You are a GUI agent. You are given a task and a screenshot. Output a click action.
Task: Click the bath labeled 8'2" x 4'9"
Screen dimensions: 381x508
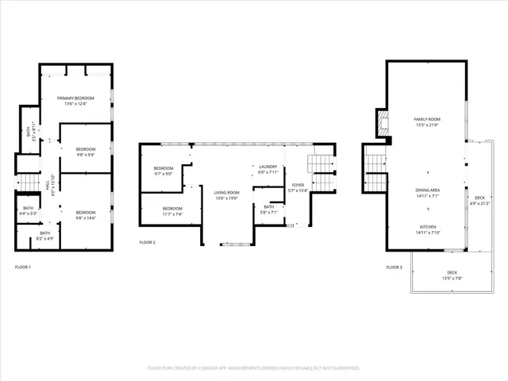pyautogui.click(x=45, y=238)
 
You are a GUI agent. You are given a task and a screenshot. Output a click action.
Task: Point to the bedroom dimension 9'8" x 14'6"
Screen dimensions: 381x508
pyautogui.click(x=86, y=217)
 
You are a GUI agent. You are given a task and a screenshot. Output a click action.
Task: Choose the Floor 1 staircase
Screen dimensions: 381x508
pyautogui.click(x=28, y=183)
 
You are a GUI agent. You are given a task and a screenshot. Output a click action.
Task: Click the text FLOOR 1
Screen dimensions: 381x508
pyautogui.click(x=23, y=267)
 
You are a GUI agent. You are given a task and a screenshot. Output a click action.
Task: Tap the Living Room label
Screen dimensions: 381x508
pyautogui.click(x=227, y=192)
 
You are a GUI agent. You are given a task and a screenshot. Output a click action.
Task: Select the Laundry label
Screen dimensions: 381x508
pyautogui.click(x=268, y=167)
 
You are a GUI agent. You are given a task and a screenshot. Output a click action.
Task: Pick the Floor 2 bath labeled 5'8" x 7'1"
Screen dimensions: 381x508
pyautogui.click(x=268, y=212)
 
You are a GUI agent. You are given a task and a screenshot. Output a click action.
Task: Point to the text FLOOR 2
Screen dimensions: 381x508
pyautogui.click(x=147, y=242)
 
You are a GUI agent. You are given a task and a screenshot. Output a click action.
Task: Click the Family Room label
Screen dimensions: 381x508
pyautogui.click(x=426, y=119)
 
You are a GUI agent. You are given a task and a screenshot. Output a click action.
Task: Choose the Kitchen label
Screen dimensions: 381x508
pyautogui.click(x=428, y=226)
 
